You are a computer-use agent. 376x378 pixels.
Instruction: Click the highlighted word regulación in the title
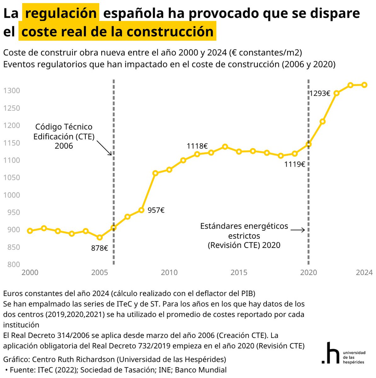point(61,13)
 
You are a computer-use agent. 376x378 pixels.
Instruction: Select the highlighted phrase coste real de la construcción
point(117,31)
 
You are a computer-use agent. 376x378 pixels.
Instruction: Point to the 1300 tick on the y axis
point(12,91)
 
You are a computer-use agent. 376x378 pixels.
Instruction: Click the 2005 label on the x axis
point(100,272)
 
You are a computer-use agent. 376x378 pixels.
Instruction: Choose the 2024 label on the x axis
point(364,272)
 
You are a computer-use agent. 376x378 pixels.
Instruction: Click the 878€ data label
point(100,248)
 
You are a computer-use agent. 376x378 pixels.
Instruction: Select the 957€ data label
point(156,210)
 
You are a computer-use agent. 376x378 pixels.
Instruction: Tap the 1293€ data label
point(319,94)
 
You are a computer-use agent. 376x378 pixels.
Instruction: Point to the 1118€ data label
point(197,146)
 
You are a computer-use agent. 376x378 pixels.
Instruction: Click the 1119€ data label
point(294,164)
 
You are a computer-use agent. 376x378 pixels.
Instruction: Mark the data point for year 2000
point(30,231)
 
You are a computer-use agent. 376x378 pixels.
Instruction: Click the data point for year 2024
point(364,85)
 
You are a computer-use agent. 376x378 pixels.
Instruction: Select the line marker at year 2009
point(155,173)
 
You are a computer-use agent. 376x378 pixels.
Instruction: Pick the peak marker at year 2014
point(225,147)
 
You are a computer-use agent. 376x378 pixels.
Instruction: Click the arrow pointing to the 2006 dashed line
point(104,148)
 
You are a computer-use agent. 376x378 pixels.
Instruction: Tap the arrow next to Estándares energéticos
point(297,230)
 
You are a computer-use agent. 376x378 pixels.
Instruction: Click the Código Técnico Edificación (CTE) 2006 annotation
point(64,136)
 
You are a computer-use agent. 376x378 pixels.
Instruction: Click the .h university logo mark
point(330,352)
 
